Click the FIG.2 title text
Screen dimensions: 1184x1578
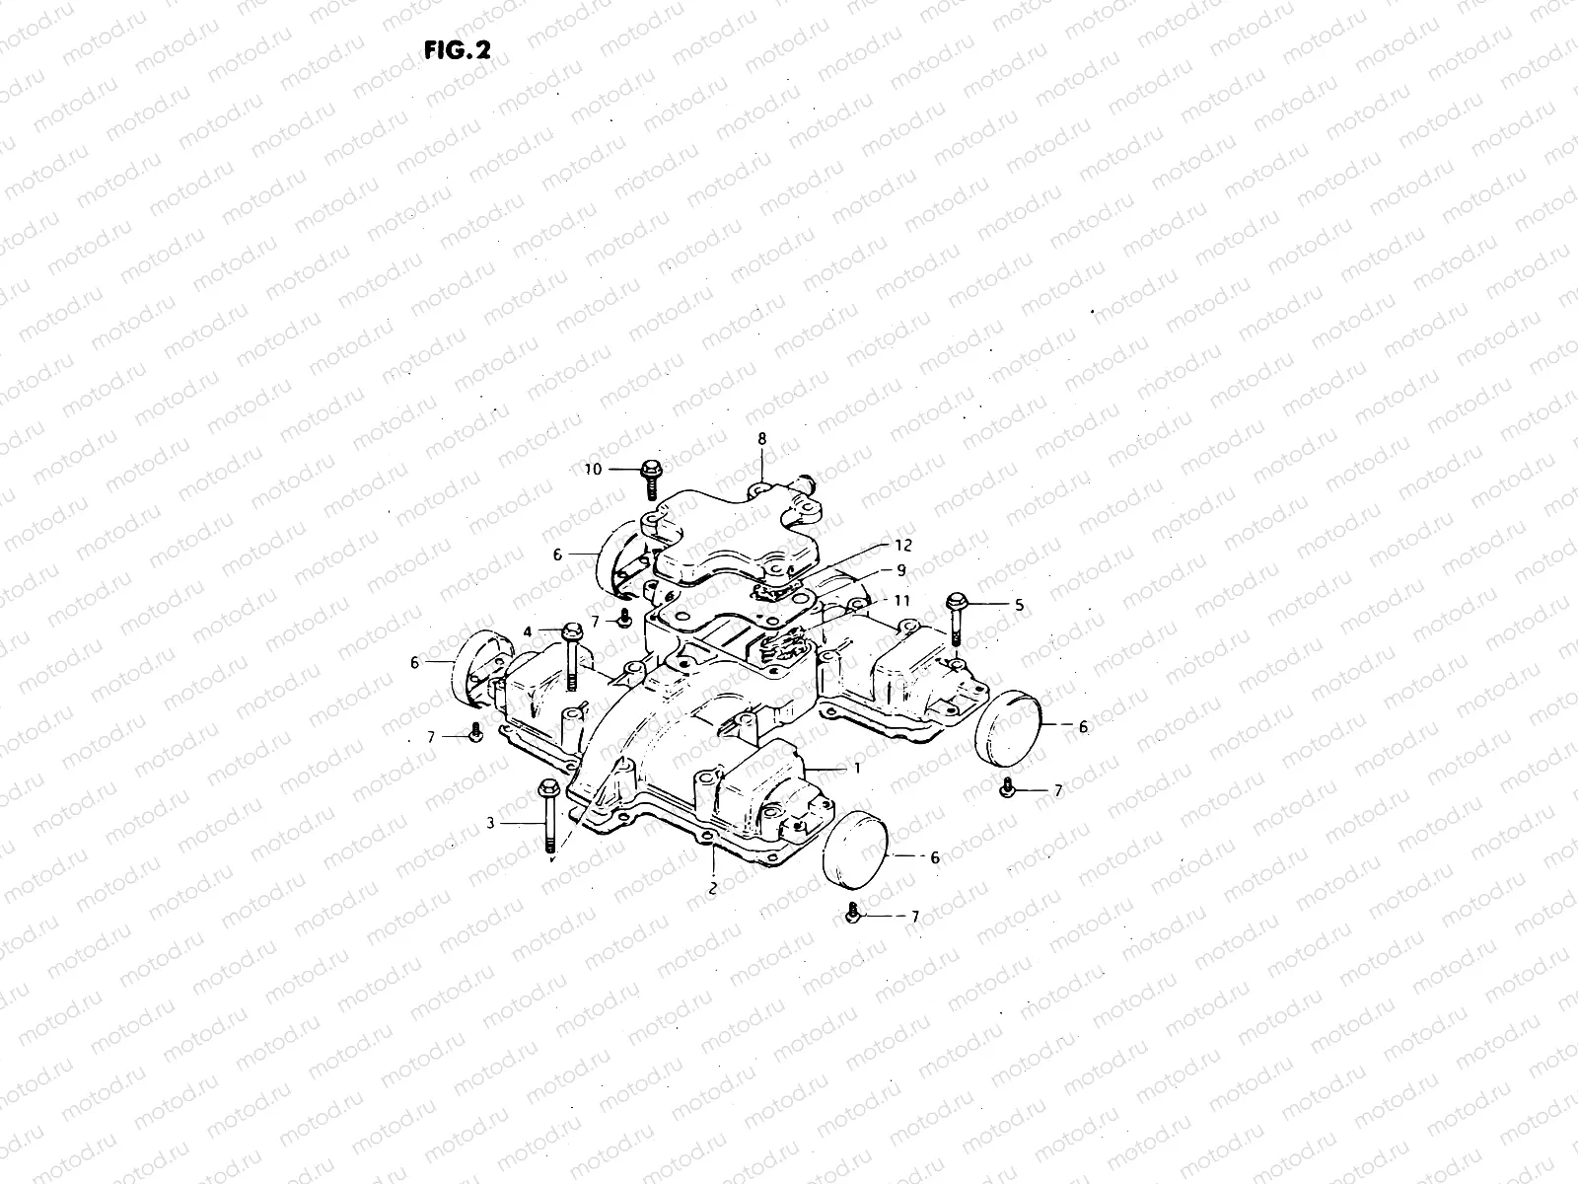[x=457, y=51]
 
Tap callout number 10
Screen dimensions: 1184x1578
[x=592, y=470]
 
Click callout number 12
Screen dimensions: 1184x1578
[x=903, y=545]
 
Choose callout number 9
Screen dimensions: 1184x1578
[x=900, y=569]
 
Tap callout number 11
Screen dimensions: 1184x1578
[x=903, y=600]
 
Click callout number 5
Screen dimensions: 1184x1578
[x=1020, y=603]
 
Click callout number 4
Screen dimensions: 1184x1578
[x=528, y=630]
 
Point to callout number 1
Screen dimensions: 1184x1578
[x=857, y=768]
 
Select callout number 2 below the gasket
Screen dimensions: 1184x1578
[x=712, y=887]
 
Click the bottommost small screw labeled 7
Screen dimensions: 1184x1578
[x=853, y=914]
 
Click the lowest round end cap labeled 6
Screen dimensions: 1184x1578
[x=855, y=851]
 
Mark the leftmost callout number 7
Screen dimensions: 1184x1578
[x=431, y=736]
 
